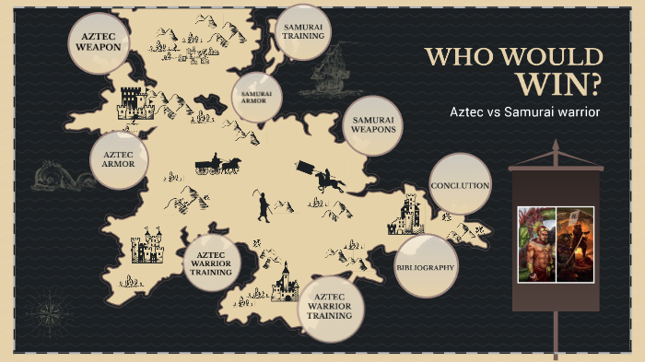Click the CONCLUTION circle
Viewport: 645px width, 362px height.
(x=460, y=185)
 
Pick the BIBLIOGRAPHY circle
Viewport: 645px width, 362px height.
(x=425, y=266)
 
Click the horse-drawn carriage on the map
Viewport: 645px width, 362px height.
(x=218, y=165)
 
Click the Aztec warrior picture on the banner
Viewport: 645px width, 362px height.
(x=537, y=243)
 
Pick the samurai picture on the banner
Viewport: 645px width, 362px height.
(x=575, y=243)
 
